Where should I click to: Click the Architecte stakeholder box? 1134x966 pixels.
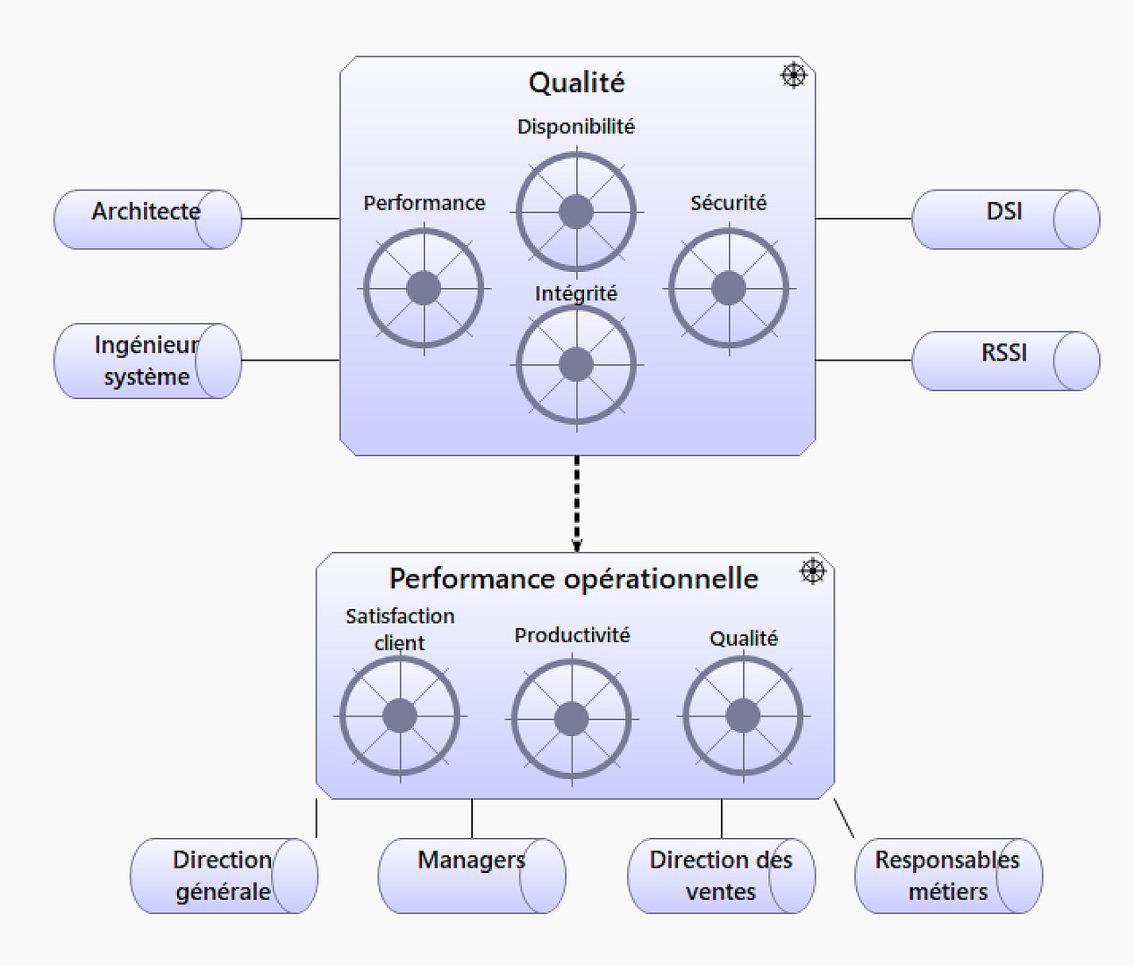[147, 218]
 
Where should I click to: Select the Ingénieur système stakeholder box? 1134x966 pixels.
[147, 360]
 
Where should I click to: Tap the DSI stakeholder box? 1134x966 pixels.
[1005, 218]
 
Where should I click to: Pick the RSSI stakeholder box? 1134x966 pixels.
[1005, 360]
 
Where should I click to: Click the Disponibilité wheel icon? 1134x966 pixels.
[576, 212]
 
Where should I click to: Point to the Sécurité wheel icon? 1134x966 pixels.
[729, 288]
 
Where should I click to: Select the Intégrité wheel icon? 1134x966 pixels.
[576, 365]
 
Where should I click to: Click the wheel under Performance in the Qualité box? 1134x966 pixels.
[423, 288]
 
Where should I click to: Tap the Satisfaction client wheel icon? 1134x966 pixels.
[400, 716]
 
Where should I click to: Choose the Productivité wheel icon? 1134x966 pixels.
[571, 717]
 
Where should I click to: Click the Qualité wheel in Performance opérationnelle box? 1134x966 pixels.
[743, 716]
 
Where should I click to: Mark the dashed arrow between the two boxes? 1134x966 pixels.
[577, 503]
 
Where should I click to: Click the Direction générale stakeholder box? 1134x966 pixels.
[223, 875]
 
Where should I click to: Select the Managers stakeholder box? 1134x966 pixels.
[471, 875]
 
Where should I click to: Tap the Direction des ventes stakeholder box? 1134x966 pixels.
[721, 875]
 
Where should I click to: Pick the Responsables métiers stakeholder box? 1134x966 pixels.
[948, 875]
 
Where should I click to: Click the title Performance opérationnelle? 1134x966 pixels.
[573, 579]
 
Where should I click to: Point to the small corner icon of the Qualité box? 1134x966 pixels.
[793, 75]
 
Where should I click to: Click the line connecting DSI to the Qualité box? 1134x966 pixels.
[863, 218]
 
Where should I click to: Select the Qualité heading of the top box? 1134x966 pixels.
[577, 82]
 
